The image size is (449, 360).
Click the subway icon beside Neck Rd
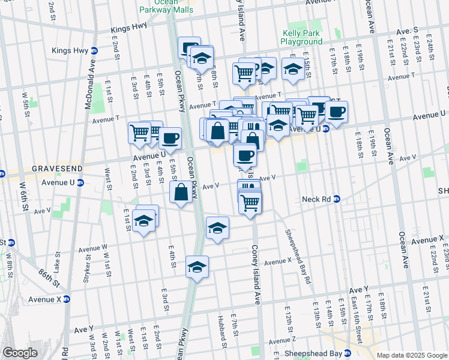[x=337, y=199]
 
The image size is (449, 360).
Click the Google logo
[x=20, y=353]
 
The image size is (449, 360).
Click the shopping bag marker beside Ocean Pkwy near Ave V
[x=181, y=193]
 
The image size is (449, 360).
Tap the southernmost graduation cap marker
[x=197, y=266]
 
